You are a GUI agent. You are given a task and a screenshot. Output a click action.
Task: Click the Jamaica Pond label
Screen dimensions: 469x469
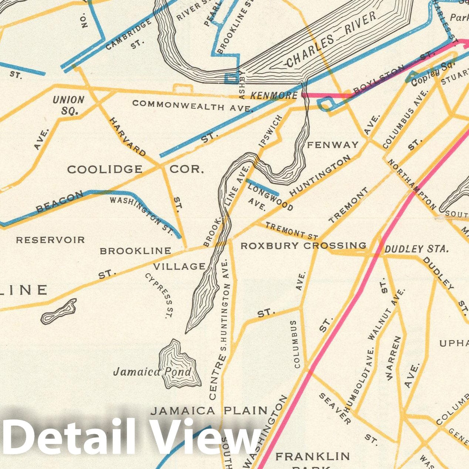pyautogui.click(x=152, y=371)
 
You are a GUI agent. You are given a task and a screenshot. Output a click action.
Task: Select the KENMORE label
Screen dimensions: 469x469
pyautogui.click(x=274, y=96)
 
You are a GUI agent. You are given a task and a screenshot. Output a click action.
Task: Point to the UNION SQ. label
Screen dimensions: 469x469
pyautogui.click(x=68, y=105)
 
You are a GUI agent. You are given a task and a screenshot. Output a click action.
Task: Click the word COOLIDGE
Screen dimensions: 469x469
pyautogui.click(x=105, y=169)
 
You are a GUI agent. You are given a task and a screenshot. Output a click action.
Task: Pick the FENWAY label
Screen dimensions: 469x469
pyautogui.click(x=333, y=145)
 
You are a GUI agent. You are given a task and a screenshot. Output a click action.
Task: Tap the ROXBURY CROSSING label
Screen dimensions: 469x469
pyautogui.click(x=303, y=246)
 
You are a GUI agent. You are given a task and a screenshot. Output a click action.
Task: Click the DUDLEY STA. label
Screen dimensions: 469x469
pyautogui.click(x=416, y=249)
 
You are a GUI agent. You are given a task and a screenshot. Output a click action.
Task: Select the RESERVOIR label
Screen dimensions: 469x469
pyautogui.click(x=50, y=240)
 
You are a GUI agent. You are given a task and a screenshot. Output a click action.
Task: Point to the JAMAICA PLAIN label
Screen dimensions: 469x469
pyautogui.click(x=209, y=411)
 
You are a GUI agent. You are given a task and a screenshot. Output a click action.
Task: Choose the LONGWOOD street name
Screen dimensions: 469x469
pyautogui.click(x=270, y=197)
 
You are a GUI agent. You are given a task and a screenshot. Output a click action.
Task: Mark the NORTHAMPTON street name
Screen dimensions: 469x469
pyautogui.click(x=412, y=185)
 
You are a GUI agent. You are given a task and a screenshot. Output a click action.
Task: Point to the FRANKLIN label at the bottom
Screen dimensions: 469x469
pyautogui.click(x=313, y=456)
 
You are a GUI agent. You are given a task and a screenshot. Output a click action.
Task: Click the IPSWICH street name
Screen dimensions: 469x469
pyautogui.click(x=271, y=131)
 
